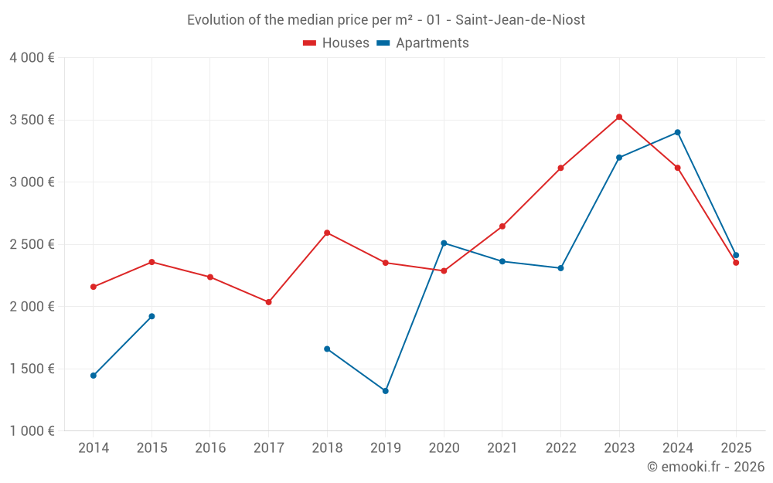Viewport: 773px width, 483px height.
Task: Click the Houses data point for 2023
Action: click(x=619, y=117)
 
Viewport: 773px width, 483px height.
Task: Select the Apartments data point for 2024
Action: click(x=678, y=132)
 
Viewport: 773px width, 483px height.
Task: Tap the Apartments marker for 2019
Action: click(x=385, y=391)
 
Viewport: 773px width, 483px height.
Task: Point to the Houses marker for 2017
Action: click(x=268, y=302)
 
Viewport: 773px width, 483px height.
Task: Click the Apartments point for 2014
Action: click(x=94, y=376)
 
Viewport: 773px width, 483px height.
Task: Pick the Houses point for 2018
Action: click(x=327, y=233)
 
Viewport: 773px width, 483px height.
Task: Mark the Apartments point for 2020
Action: click(x=444, y=243)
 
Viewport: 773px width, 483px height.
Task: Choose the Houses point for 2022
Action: click(x=560, y=168)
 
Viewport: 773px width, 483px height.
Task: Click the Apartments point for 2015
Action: click(x=152, y=316)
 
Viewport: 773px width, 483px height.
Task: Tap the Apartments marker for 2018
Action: click(x=327, y=349)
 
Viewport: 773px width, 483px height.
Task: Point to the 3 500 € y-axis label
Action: click(x=32, y=120)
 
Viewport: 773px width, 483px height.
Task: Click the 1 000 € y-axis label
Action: click(x=32, y=431)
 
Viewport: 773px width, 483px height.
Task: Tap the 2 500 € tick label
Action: click(x=32, y=244)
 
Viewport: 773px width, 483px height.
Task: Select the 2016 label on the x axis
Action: click(x=210, y=447)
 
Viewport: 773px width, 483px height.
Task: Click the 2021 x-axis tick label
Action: click(x=502, y=447)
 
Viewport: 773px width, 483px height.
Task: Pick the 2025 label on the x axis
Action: click(x=736, y=447)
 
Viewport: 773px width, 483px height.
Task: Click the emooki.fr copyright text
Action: click(x=705, y=467)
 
